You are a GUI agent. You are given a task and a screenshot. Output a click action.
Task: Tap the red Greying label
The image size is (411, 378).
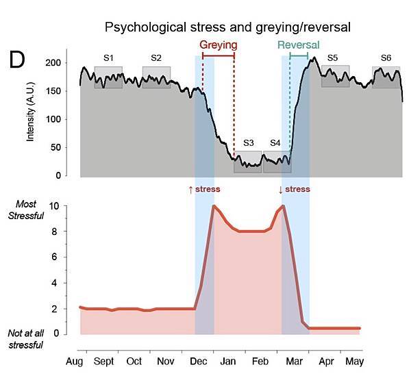click(x=219, y=45)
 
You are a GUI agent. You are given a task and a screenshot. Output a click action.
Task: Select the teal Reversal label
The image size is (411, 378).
click(x=299, y=45)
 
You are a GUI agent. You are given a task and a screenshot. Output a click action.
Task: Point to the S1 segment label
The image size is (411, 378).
click(x=108, y=58)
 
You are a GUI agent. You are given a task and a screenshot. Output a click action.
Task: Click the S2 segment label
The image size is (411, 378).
click(x=156, y=58)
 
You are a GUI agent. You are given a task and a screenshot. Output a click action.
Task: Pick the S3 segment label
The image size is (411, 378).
click(x=248, y=143)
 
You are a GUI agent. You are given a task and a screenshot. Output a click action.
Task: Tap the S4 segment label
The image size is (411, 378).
click(x=275, y=143)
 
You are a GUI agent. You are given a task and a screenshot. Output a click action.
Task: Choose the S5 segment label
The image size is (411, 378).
click(x=333, y=58)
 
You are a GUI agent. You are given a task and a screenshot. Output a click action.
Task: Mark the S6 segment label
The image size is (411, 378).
click(x=386, y=58)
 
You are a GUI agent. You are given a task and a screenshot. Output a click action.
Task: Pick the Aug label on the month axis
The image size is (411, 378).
click(x=74, y=361)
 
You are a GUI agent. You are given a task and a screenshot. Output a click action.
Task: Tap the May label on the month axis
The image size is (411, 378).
click(x=354, y=361)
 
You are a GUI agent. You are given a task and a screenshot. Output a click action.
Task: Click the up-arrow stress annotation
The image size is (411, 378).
click(x=204, y=189)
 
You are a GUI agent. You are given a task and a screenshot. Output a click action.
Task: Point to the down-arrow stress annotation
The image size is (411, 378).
click(x=294, y=189)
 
